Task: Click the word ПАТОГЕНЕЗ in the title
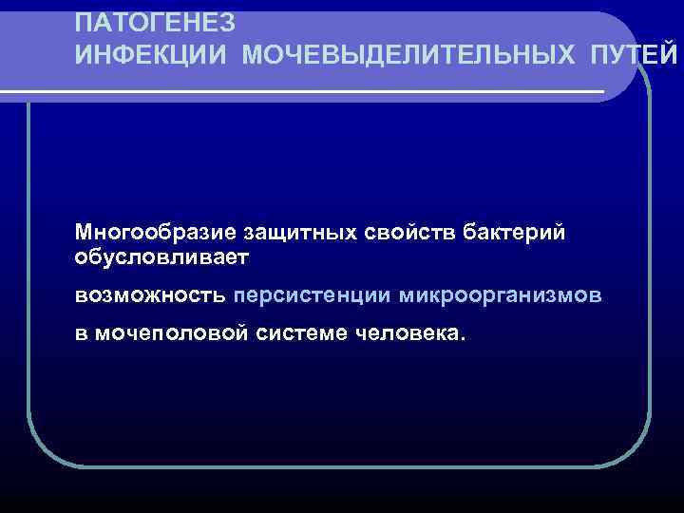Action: coord(155,21)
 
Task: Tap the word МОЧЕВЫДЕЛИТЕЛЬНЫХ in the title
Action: coord(408,55)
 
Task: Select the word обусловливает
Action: coord(162,257)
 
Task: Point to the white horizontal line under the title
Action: coord(304,91)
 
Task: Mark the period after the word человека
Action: coord(464,339)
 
